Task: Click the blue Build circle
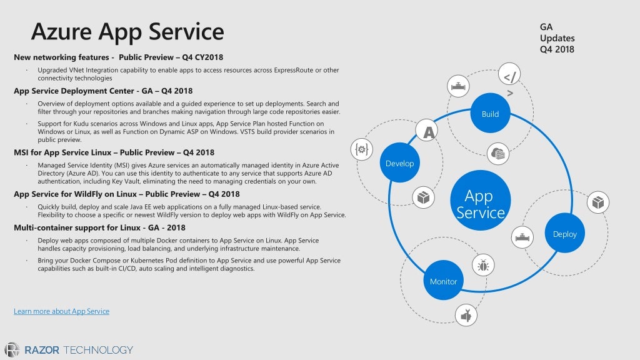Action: coord(490,113)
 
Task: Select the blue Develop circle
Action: coord(399,163)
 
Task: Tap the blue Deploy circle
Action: coord(565,233)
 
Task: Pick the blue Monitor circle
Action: coord(443,281)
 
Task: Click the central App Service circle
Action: coord(480,204)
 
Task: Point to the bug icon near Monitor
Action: coord(482,265)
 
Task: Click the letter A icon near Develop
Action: coord(429,132)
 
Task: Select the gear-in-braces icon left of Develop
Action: coord(361,149)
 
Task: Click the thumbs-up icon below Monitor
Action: coord(465,315)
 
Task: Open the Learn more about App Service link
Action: coord(61,311)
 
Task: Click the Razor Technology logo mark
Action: coord(12,350)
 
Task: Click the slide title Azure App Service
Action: coord(127,31)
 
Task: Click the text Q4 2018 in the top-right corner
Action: coord(557,49)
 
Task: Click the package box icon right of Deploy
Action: coord(598,202)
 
